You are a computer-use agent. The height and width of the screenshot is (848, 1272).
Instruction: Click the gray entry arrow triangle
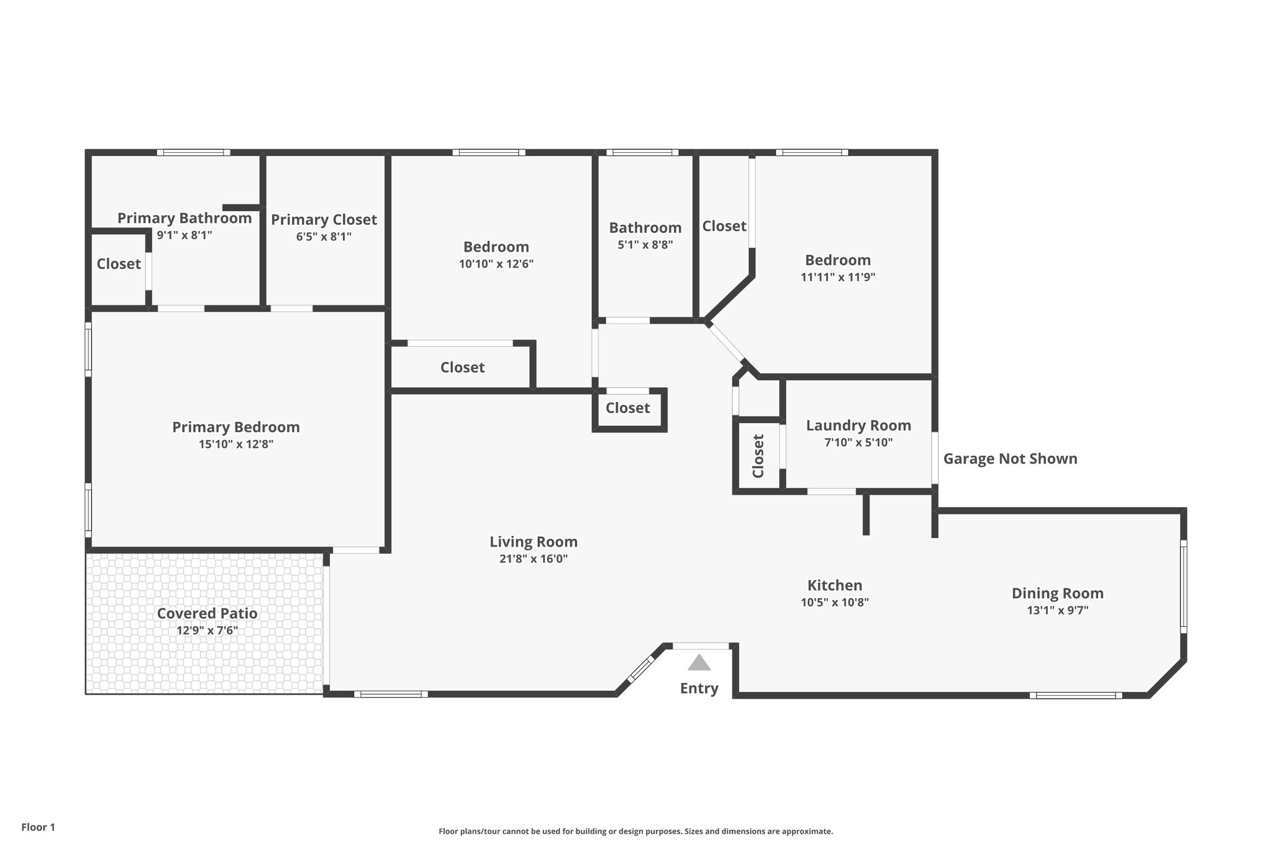point(699,663)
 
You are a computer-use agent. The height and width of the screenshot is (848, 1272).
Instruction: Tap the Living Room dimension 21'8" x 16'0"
point(534,558)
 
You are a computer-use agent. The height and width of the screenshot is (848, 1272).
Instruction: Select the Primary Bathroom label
point(184,218)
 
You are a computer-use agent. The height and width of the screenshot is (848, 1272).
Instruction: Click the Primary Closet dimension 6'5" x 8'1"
point(324,237)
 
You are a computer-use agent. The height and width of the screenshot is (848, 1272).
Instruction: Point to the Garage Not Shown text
point(1010,459)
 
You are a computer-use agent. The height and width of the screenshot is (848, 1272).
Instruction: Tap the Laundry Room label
point(858,426)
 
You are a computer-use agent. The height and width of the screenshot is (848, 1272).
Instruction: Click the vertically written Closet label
point(758,456)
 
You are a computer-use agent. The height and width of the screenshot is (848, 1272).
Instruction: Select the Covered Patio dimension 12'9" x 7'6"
point(207,631)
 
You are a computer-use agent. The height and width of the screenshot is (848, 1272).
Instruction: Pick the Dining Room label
point(1057,593)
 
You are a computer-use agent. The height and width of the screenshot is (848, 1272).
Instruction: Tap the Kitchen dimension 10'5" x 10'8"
point(834,602)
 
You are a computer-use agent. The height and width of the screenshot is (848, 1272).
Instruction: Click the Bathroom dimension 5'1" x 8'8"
point(645,245)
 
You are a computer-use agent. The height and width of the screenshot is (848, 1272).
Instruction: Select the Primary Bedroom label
point(235,427)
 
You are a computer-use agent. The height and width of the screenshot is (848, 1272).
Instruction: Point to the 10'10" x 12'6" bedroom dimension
point(496,264)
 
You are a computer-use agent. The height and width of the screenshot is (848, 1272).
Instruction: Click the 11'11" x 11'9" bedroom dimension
point(837,277)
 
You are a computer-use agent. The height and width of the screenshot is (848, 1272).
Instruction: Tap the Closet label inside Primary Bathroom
point(119,264)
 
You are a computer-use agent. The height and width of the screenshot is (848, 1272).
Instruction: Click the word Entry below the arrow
point(699,688)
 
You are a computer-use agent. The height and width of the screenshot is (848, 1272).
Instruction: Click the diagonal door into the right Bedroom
point(725,342)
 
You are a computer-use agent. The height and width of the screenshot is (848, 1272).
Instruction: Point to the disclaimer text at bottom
point(635,831)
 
